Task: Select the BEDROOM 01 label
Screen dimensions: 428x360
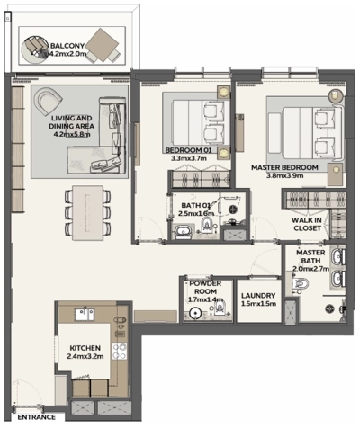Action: pyautogui.click(x=188, y=149)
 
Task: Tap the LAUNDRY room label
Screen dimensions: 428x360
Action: pyautogui.click(x=257, y=295)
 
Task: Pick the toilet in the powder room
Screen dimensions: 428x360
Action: pyautogui.click(x=193, y=313)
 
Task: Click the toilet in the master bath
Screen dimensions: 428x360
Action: pyautogui.click(x=303, y=284)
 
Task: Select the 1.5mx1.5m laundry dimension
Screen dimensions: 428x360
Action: pyautogui.click(x=257, y=304)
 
